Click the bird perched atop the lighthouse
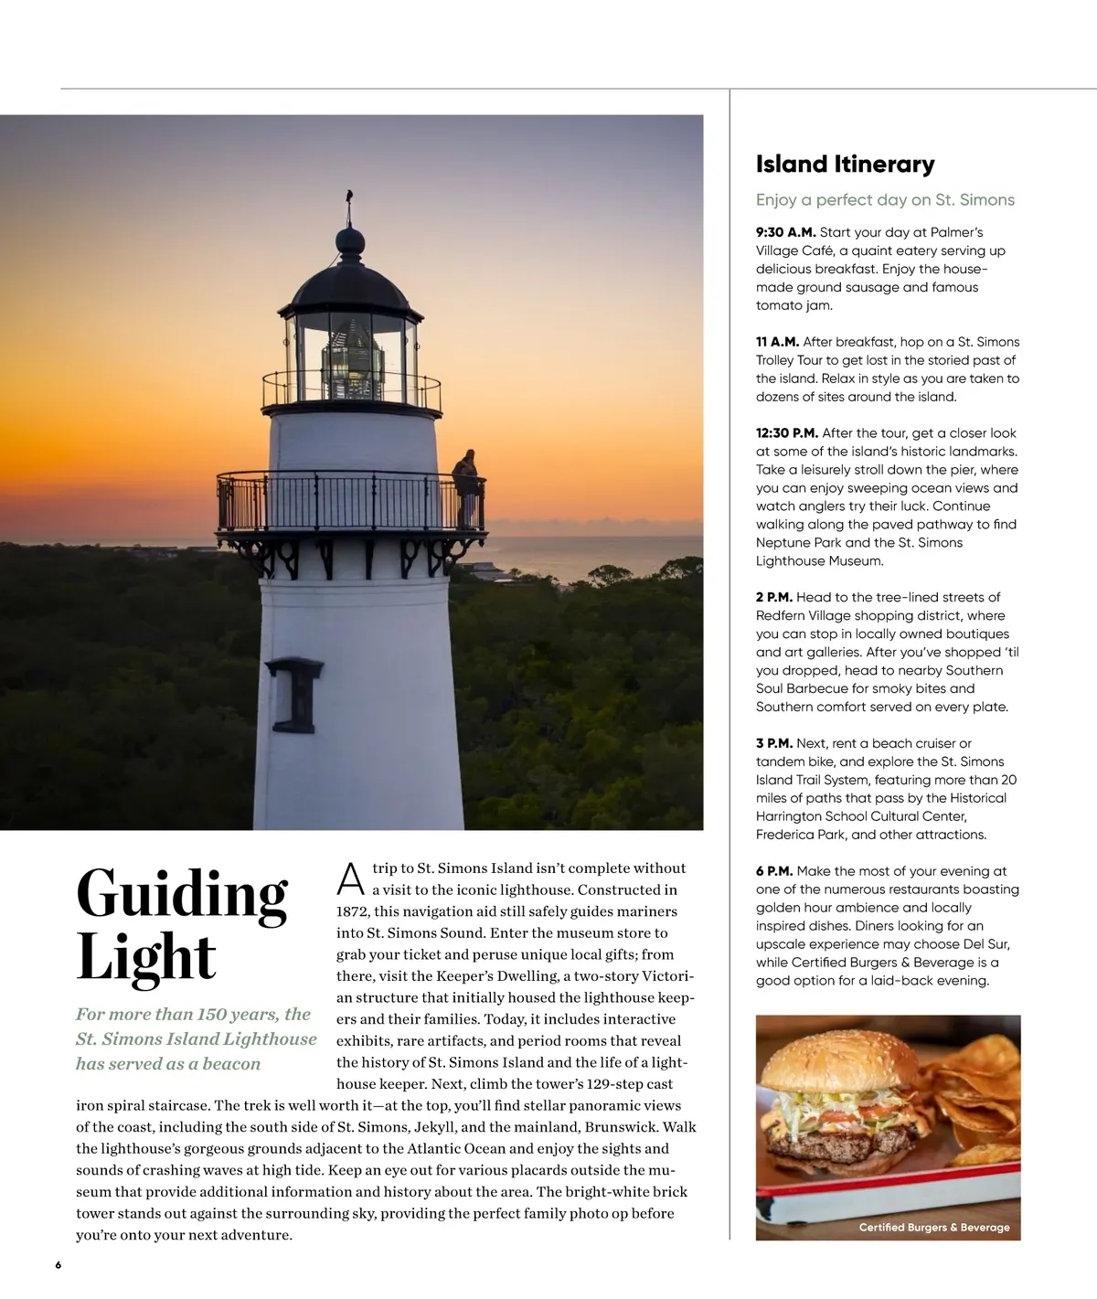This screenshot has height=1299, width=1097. coord(349,196)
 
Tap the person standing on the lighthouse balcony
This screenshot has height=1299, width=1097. coord(467,485)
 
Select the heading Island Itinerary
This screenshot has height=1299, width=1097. coord(845,165)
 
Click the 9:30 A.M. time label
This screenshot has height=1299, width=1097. coord(785,232)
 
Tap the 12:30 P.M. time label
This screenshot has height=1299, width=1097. coord(786,433)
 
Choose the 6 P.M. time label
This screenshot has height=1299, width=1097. coord(774,871)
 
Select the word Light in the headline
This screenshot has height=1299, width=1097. coord(146,957)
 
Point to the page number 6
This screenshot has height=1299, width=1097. coord(59,1265)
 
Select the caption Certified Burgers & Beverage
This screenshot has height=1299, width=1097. coord(933,1227)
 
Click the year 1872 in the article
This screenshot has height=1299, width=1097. coord(352,911)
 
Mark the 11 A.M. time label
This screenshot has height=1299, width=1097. coord(777,342)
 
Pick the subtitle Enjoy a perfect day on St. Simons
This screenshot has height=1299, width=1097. coord(885,200)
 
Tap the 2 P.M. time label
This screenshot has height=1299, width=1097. coord(774,597)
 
